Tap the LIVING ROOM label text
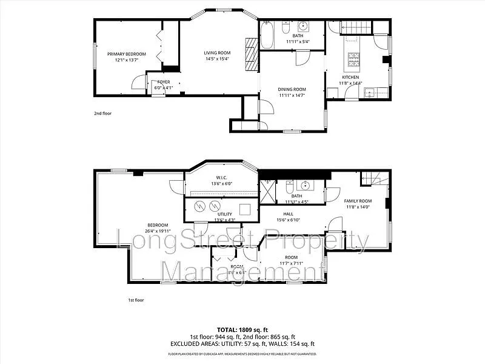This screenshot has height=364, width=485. point(216,53)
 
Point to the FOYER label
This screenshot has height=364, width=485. point(164,82)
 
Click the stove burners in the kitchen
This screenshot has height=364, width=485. point(353,59)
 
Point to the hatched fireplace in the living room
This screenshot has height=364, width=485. point(251,55)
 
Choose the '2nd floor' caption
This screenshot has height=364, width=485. point(102,113)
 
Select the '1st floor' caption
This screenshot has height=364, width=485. point(136,300)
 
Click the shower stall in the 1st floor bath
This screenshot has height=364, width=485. point(267,190)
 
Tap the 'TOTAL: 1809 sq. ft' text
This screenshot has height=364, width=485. point(242,330)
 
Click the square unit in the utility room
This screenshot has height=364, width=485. point(246,209)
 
